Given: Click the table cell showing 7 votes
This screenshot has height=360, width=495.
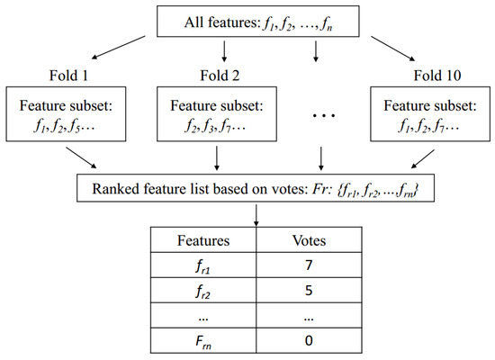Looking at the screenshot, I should tap(308, 267).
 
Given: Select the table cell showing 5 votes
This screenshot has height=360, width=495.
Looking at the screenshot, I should tap(308, 292).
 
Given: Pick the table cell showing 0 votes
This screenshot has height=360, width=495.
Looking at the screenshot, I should tap(308, 343).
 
